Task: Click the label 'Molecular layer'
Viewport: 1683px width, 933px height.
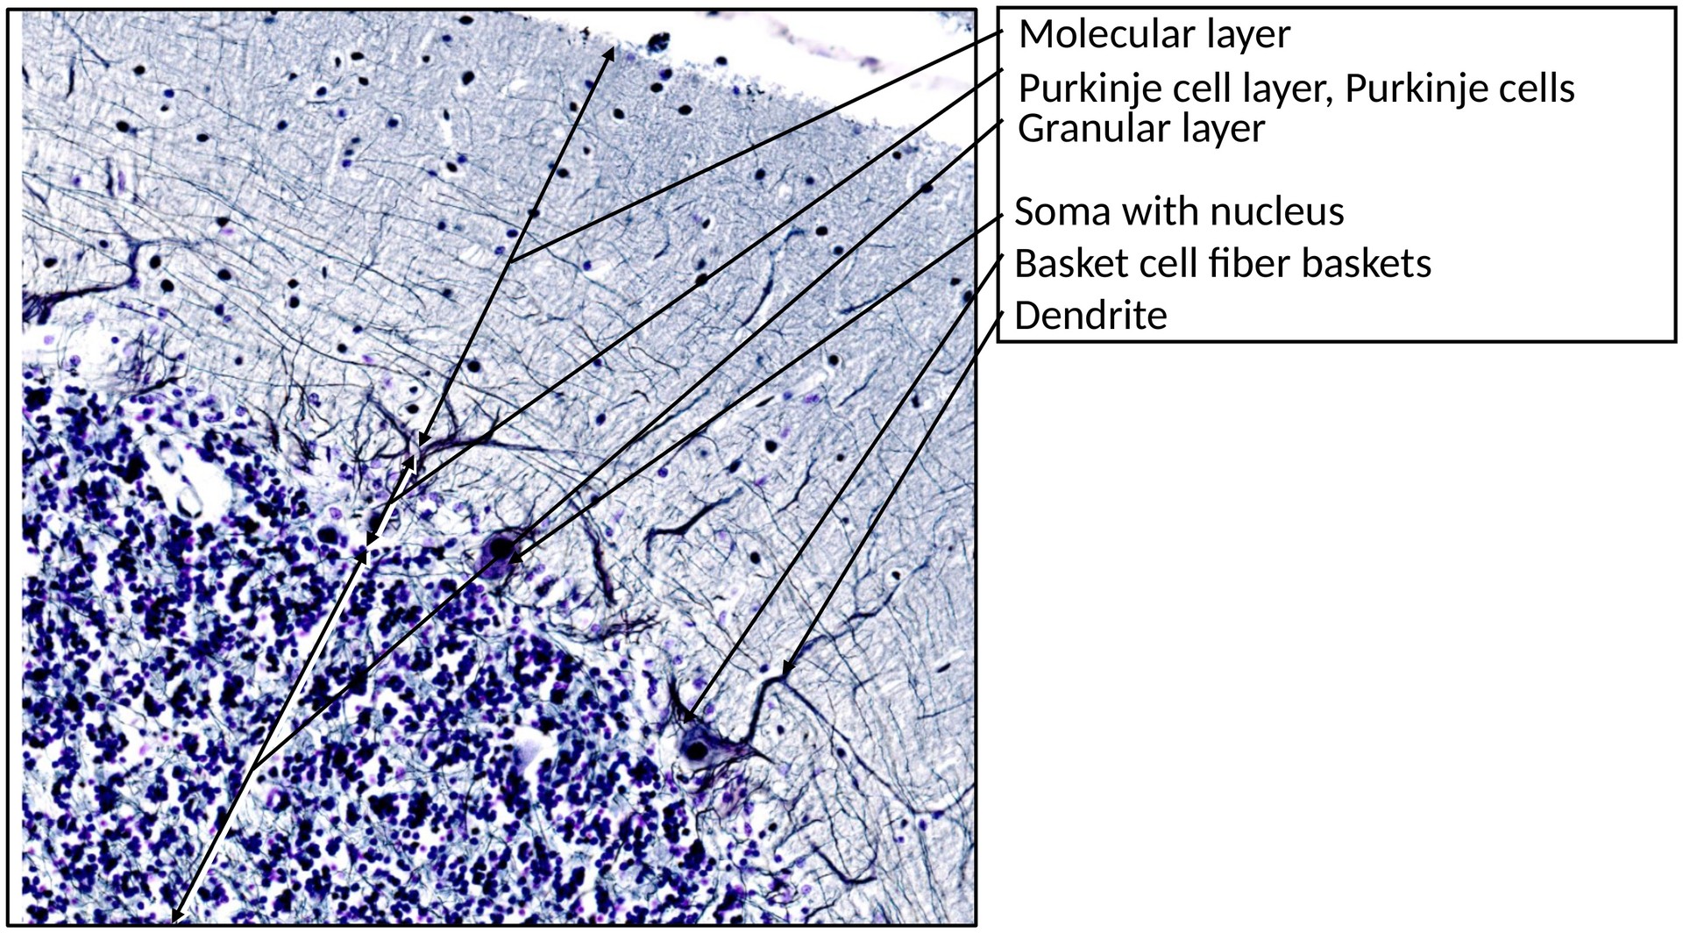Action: (x=1154, y=35)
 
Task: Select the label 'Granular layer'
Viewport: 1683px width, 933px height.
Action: (x=1140, y=129)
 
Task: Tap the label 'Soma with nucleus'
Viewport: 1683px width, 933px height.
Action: (x=1179, y=211)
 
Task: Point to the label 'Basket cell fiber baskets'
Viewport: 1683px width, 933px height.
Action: (x=1222, y=263)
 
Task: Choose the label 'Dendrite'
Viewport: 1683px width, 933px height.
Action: (x=1090, y=316)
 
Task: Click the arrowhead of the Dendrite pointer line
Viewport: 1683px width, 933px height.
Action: (x=785, y=670)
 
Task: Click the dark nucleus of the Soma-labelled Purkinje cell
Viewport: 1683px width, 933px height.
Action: (x=501, y=550)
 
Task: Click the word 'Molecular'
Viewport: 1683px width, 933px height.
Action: (x=1098, y=35)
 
